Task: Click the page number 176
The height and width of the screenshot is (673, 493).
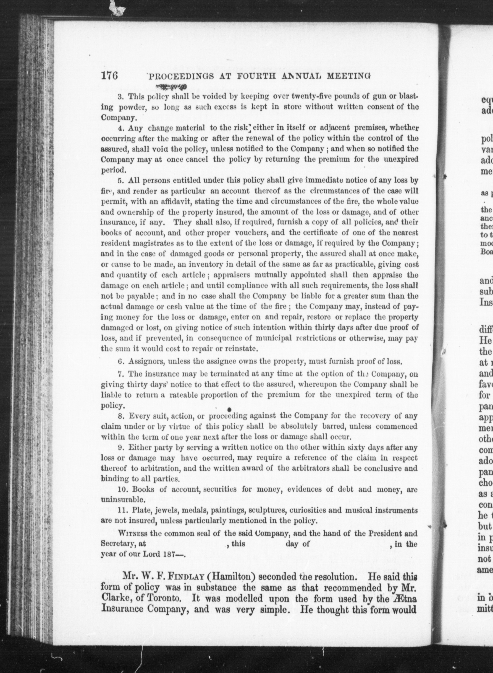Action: (x=110, y=76)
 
